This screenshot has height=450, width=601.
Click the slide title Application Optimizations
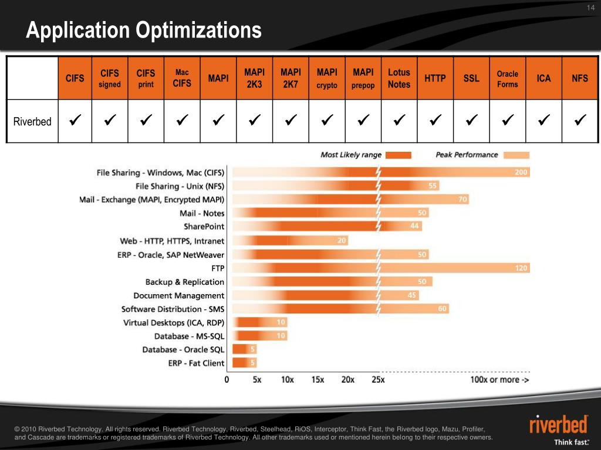(144, 30)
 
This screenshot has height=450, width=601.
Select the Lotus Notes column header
(399, 79)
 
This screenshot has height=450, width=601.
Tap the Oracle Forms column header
(507, 79)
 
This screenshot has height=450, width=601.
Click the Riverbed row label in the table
(32, 122)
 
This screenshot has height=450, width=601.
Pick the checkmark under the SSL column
(471, 121)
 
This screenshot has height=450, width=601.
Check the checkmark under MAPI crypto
(326, 121)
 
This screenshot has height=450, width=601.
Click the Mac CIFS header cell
(182, 79)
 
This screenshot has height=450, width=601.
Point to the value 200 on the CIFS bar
(521, 172)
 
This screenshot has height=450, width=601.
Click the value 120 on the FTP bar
(521, 268)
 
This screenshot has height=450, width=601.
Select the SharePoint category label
(204, 227)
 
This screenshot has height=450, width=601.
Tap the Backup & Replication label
(184, 282)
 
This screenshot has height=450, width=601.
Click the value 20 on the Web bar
(341, 240)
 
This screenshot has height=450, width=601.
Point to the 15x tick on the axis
(317, 380)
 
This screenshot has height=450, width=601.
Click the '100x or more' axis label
(499, 380)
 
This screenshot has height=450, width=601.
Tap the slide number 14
(590, 7)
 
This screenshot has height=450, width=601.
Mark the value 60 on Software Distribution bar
(442, 309)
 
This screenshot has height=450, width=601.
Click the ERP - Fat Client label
(196, 363)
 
